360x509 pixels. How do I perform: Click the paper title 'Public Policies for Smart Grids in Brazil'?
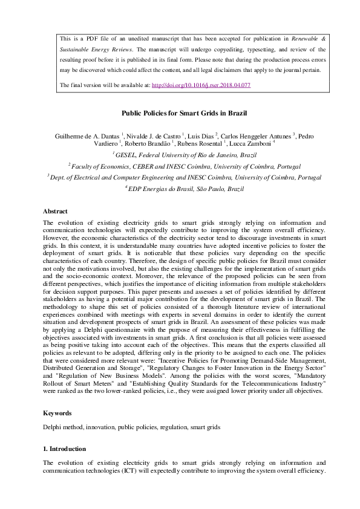coord(179,113)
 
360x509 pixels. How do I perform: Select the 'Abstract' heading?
coord(55,211)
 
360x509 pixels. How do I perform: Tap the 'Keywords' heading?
coord(57,413)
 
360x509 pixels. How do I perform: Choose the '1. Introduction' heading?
coord(64,449)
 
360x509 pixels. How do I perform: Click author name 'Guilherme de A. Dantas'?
coord(87,136)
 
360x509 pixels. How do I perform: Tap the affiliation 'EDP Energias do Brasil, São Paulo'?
coord(186,189)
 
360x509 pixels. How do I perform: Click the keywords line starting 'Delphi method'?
coord(131,427)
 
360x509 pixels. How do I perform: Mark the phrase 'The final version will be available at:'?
coord(105,85)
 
